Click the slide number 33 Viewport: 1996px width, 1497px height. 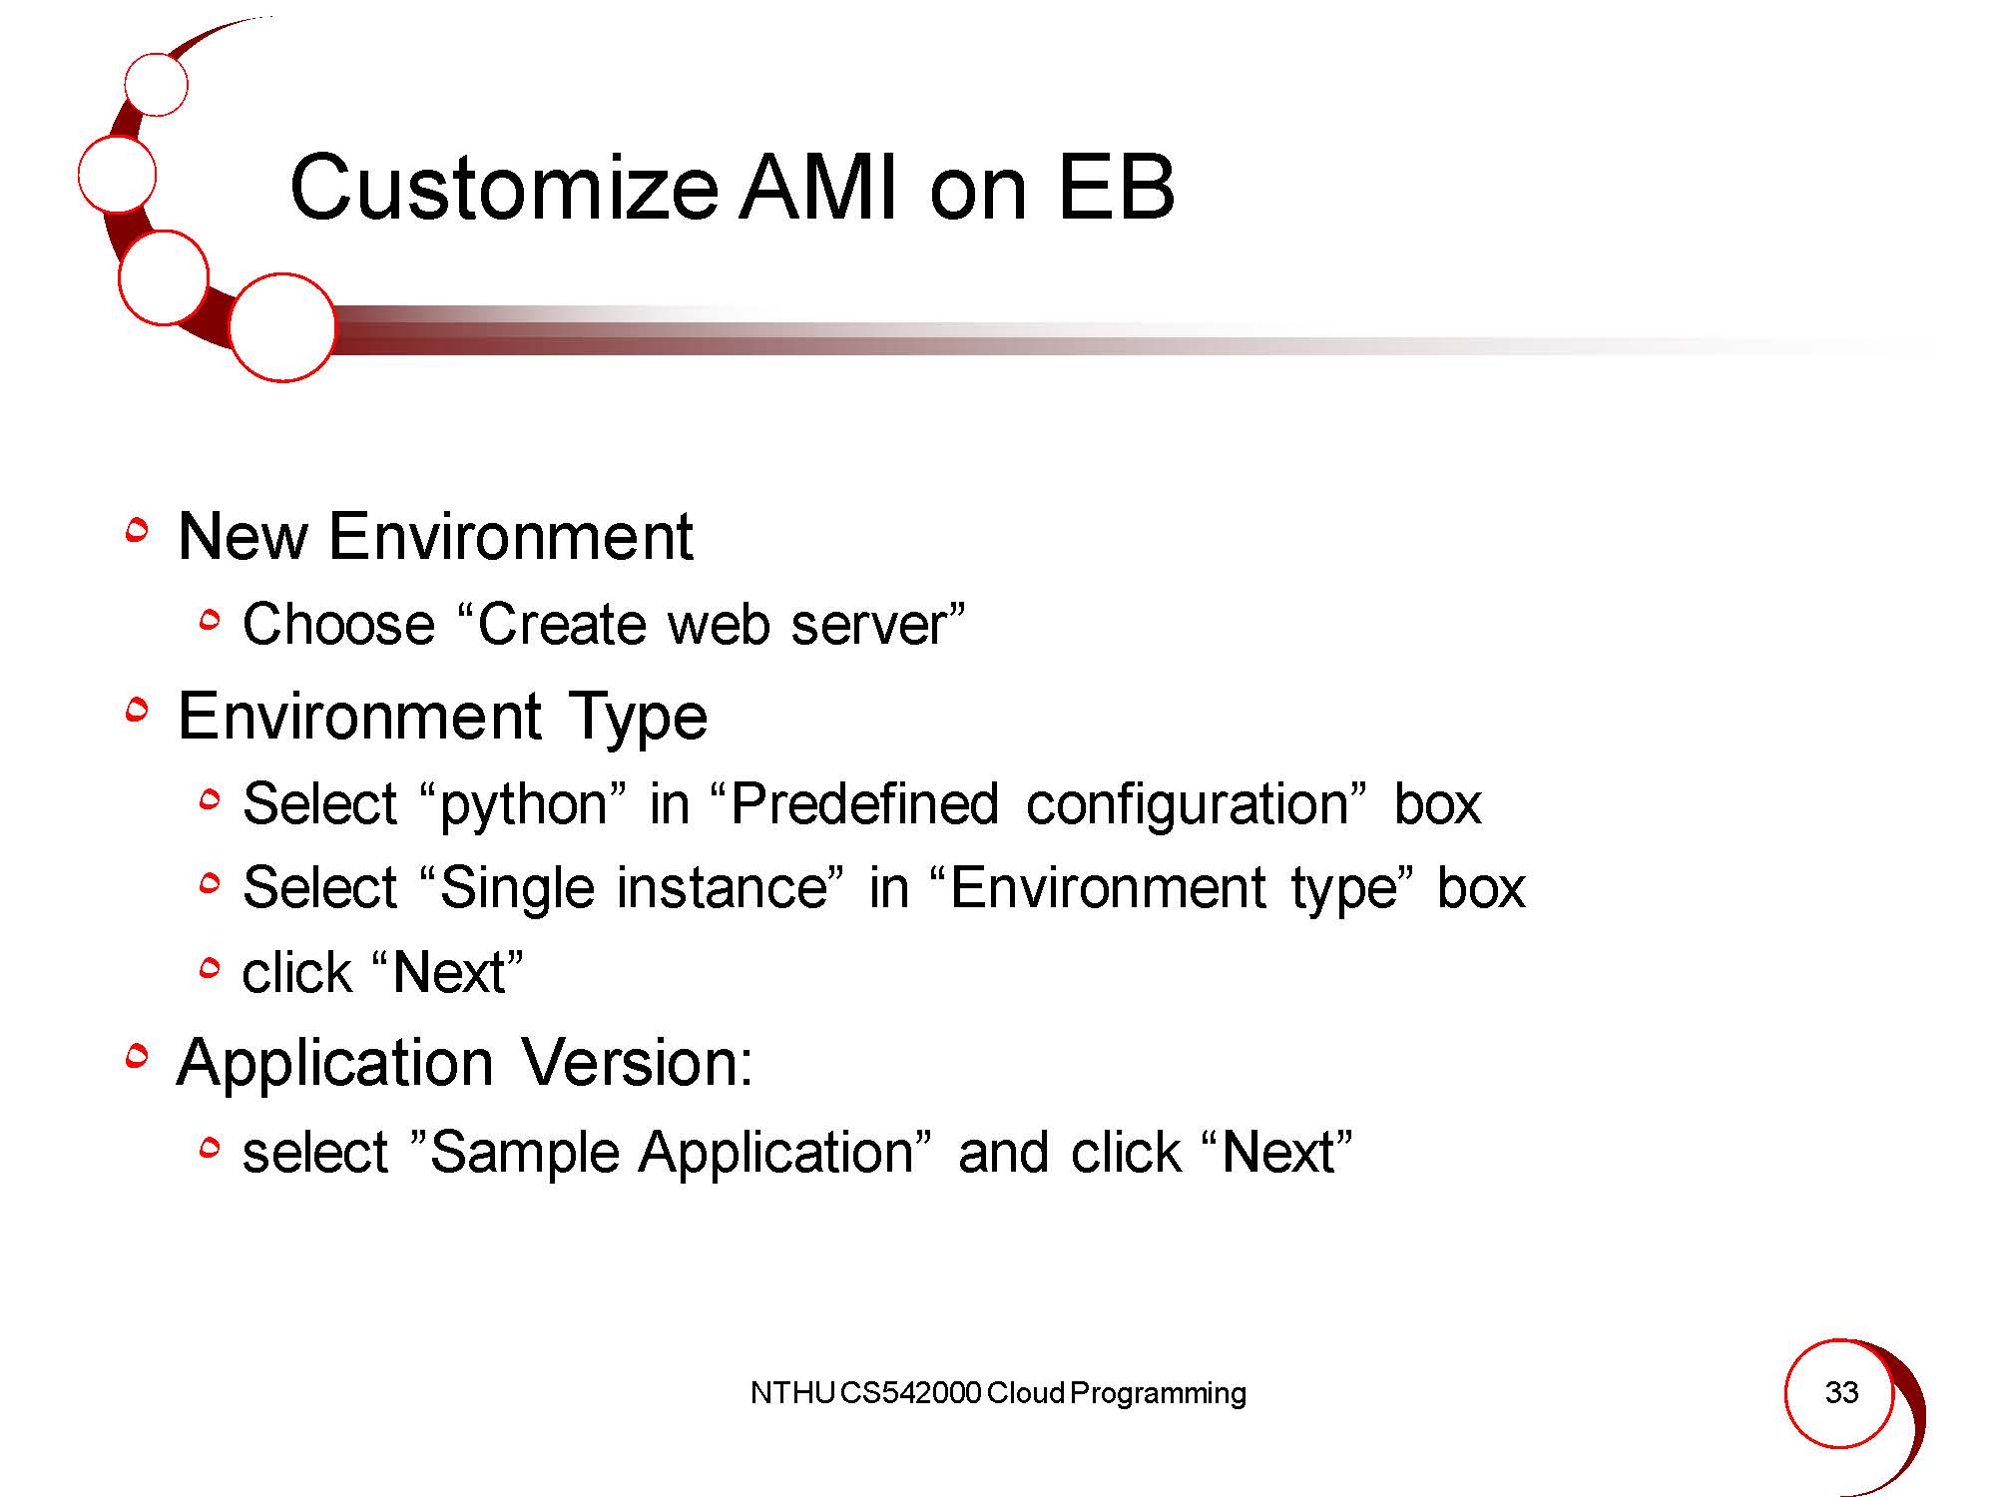(x=1841, y=1392)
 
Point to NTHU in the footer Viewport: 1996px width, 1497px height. (x=792, y=1393)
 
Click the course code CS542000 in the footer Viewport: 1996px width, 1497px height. (x=910, y=1393)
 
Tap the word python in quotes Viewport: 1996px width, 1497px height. (x=524, y=806)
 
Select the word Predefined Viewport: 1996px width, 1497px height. (x=864, y=803)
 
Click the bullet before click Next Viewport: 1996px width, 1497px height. (x=209, y=967)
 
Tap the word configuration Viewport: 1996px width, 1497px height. (x=1188, y=806)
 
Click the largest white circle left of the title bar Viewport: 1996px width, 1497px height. (x=281, y=327)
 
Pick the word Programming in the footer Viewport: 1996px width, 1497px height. (x=1158, y=1394)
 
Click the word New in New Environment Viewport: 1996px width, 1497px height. (x=243, y=536)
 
